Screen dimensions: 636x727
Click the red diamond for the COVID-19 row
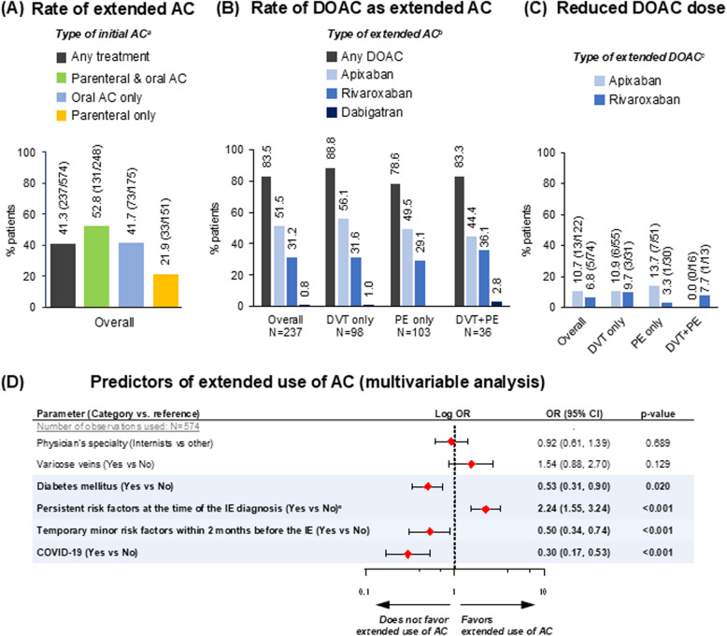[x=408, y=554]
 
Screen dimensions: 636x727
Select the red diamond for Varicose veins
[x=472, y=464]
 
